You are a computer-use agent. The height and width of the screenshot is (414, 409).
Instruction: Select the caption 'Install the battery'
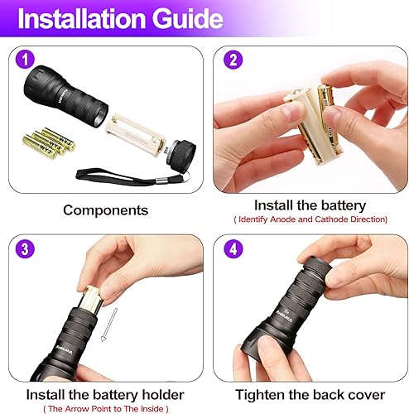310,205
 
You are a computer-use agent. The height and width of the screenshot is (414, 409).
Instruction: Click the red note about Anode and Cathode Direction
310,219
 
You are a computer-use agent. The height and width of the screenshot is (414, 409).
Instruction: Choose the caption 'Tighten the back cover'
309,394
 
